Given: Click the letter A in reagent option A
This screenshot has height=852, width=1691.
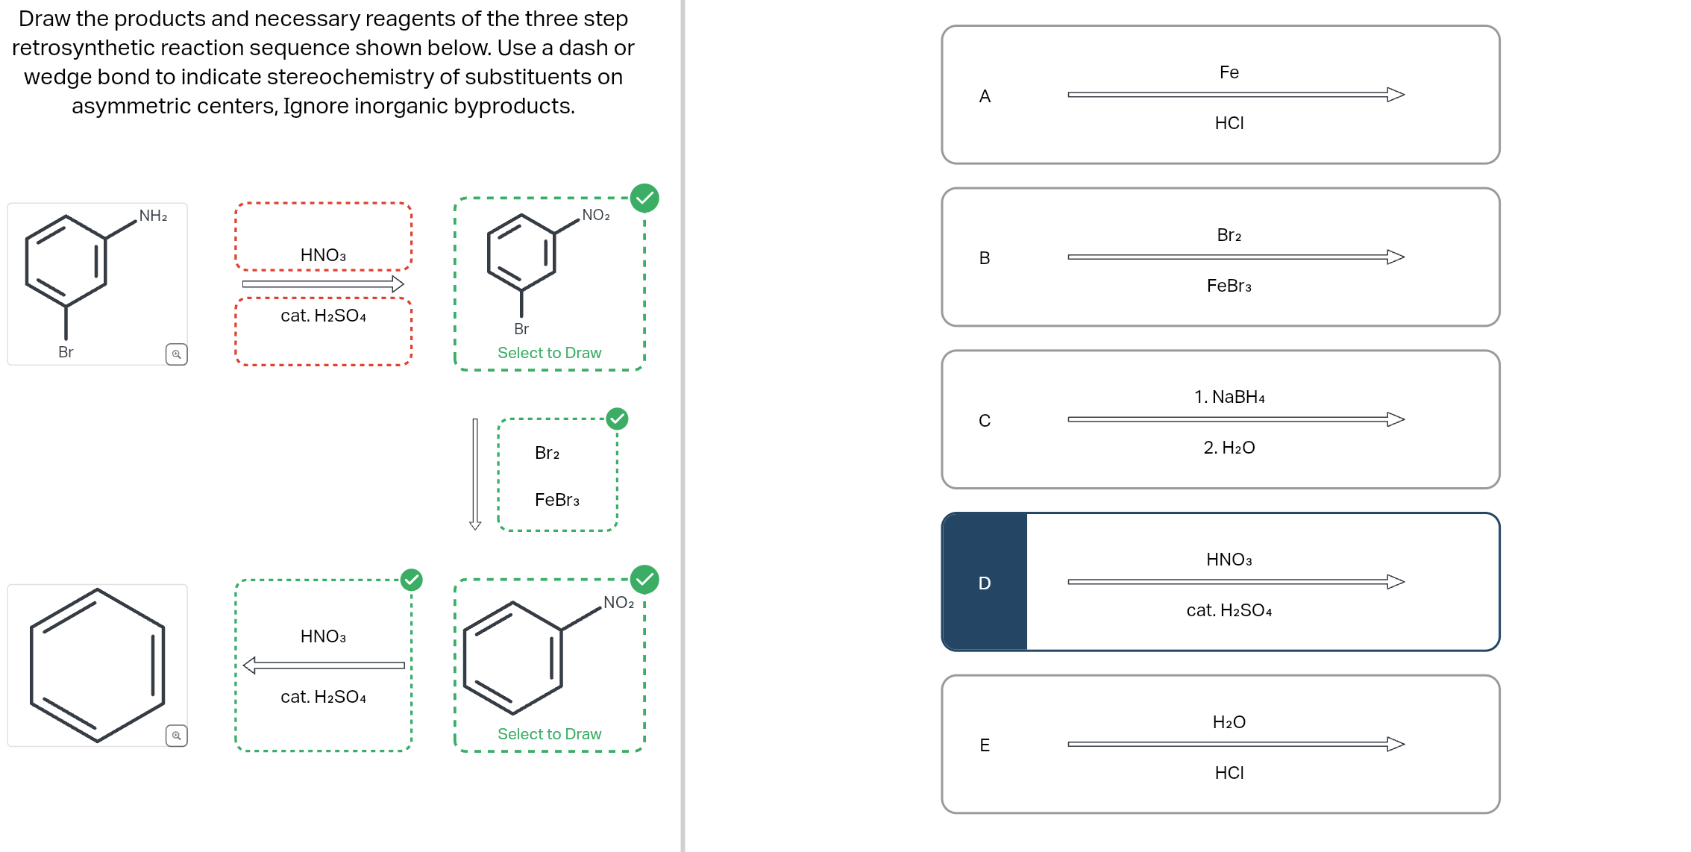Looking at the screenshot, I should pyautogui.click(x=985, y=96).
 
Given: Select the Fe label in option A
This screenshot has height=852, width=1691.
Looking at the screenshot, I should pyautogui.click(x=1229, y=72).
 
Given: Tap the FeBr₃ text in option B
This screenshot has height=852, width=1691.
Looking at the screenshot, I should pyautogui.click(x=1229, y=286).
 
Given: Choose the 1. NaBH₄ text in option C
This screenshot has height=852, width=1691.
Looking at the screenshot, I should pyautogui.click(x=1229, y=397).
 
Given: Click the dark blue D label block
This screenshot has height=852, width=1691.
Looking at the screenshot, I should pyautogui.click(x=985, y=583).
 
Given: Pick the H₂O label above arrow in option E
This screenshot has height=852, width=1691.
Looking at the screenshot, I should pyautogui.click(x=1229, y=722).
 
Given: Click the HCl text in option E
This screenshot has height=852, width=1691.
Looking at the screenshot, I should pyautogui.click(x=1229, y=773).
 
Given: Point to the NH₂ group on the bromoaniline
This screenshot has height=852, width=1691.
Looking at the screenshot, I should pyautogui.click(x=153, y=216).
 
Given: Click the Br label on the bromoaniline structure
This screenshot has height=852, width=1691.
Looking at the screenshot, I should pyautogui.click(x=66, y=352).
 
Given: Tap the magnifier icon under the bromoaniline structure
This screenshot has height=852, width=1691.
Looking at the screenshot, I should pyautogui.click(x=177, y=354).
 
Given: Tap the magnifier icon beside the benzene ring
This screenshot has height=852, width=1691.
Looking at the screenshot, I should pyautogui.click(x=177, y=736).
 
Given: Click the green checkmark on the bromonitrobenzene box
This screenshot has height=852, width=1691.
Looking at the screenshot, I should pyautogui.click(x=644, y=198).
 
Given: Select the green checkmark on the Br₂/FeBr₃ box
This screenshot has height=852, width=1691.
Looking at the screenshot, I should pyautogui.click(x=617, y=419).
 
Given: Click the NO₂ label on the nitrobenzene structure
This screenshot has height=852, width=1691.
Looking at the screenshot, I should pyautogui.click(x=618, y=603).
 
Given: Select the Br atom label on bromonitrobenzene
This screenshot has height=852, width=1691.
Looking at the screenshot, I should pyautogui.click(x=521, y=329).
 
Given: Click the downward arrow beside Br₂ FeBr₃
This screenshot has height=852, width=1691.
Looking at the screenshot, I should pyautogui.click(x=475, y=474).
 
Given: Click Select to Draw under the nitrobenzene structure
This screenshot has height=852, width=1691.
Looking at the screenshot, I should pyautogui.click(x=549, y=734).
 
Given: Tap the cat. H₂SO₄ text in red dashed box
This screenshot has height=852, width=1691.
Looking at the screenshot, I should pyautogui.click(x=323, y=316).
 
